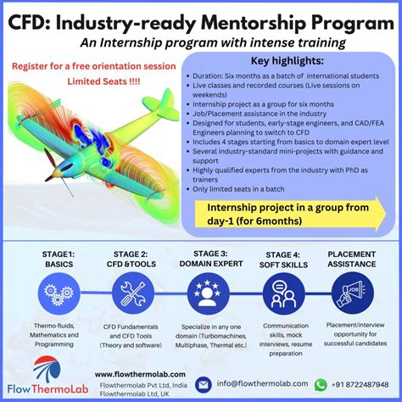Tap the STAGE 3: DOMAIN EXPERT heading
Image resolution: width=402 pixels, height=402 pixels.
coord(207,259)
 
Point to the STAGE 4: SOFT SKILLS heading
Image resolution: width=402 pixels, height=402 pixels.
coord(283,260)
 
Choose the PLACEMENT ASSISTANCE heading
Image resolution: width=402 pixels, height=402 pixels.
coord(355,258)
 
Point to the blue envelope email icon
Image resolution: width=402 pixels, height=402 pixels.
coord(204,384)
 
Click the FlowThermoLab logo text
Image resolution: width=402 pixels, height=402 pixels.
coord(48,391)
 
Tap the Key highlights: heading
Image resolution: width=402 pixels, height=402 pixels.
coord(287,61)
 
